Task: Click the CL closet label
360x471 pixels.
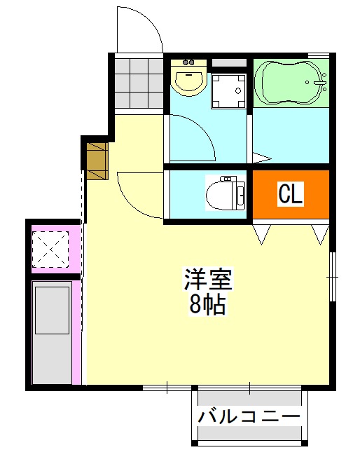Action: pos(290,194)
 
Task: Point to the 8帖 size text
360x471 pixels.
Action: pos(207,305)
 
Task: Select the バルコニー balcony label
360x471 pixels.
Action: pos(249,416)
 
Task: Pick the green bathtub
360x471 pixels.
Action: pos(289,83)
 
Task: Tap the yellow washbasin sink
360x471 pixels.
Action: pos(188,79)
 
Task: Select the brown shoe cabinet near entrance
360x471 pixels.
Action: pos(96,160)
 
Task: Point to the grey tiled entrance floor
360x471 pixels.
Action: pos(138,83)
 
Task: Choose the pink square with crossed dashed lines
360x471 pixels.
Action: pos(53,247)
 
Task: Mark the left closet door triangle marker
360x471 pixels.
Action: pos(262,234)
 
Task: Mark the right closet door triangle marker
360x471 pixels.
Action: pos(321,234)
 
